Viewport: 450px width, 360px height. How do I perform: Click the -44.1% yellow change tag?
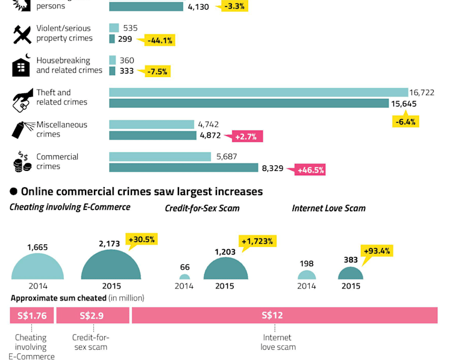[x=160, y=40]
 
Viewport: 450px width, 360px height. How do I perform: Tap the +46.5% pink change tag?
[x=310, y=170]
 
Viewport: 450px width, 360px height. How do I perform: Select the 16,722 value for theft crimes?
[x=422, y=92]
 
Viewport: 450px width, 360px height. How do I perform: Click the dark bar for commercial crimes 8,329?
[x=184, y=168]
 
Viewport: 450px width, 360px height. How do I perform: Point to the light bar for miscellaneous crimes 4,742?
[x=152, y=125]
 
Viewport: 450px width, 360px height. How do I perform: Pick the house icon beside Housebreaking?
[x=21, y=65]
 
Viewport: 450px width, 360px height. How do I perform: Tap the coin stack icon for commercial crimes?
[x=22, y=161]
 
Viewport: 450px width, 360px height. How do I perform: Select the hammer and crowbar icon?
[x=22, y=34]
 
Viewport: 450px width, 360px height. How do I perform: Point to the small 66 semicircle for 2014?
[x=184, y=277]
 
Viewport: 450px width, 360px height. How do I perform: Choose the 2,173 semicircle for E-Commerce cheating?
[x=111, y=265]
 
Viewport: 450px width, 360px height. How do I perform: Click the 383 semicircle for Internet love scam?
[x=351, y=273]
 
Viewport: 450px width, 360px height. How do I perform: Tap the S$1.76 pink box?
[x=32, y=315]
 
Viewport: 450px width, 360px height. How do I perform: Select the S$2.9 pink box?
[x=93, y=315]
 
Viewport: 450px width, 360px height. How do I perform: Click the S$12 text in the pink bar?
[x=272, y=315]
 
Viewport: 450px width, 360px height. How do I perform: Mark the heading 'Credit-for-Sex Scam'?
[x=202, y=208]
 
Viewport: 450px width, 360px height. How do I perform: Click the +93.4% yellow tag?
[x=377, y=251]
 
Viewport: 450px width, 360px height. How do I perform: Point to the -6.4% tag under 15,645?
[x=405, y=122]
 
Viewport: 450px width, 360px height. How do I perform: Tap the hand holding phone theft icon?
[x=23, y=100]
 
